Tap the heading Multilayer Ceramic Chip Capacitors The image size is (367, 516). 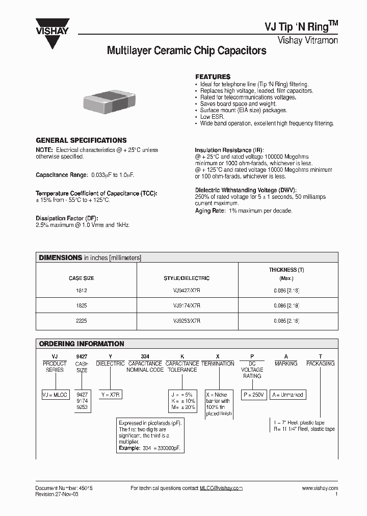pos(186,51)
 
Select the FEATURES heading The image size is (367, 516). pos(213,76)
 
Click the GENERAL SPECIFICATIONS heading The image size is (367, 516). pos(81,140)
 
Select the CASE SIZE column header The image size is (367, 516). pos(81,278)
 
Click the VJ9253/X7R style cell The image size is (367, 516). pos(187,321)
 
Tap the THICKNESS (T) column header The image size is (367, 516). pos(286,270)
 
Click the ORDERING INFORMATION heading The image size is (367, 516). pos(82,344)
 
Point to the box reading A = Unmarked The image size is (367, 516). pos(287,395)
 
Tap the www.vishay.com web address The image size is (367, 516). pos(320,488)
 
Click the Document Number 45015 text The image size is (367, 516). pos(64,488)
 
